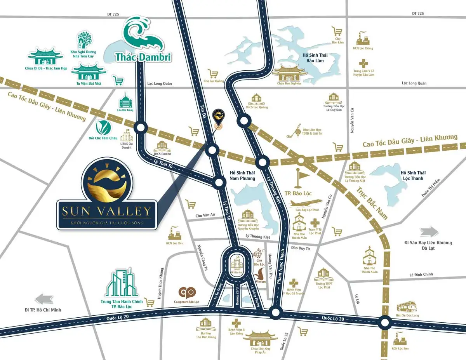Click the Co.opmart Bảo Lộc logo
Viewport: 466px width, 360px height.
[x=187, y=293]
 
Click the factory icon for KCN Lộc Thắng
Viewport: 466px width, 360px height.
[x=363, y=38]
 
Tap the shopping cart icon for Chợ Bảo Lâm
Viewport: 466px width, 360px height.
[x=336, y=31]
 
